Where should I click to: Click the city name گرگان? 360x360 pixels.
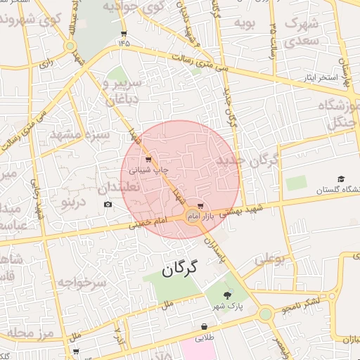[181, 268]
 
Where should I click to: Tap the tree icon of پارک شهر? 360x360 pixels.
[226, 295]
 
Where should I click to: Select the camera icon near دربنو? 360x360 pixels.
[108, 205]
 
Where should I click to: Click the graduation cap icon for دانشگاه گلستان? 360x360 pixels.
[342, 180]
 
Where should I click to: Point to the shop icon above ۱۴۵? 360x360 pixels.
[124, 33]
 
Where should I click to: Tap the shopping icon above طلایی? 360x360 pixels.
[205, 327]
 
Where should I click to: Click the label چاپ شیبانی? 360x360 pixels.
[152, 170]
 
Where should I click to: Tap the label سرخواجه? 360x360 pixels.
[81, 283]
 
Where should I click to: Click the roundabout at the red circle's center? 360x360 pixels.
[191, 215]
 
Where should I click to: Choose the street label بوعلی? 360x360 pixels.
[269, 259]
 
